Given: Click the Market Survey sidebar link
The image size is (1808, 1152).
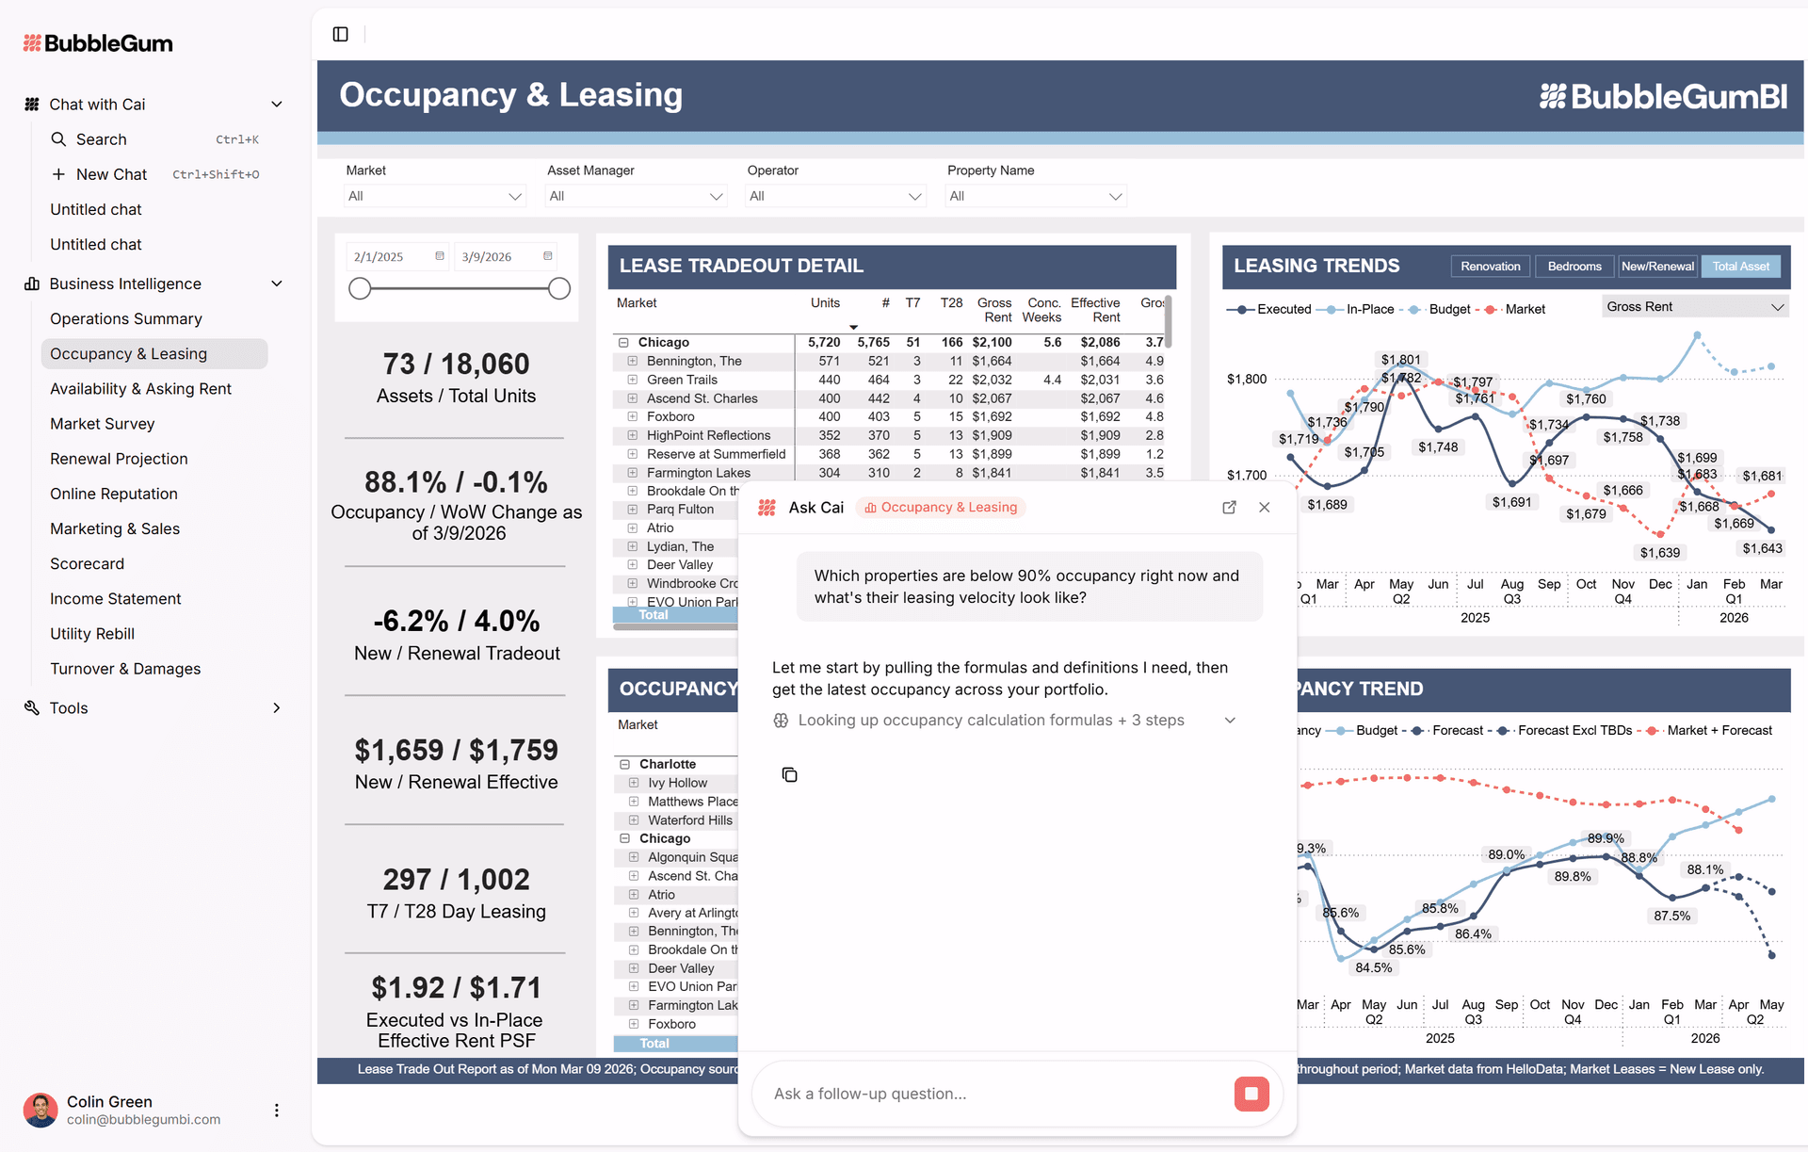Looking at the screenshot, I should pyautogui.click(x=102, y=424).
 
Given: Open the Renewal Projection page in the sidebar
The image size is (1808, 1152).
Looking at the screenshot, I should pyautogui.click(x=119, y=459).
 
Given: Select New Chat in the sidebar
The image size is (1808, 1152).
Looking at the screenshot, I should pyautogui.click(x=111, y=174).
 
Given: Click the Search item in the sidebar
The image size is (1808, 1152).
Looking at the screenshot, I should pyautogui.click(x=101, y=139).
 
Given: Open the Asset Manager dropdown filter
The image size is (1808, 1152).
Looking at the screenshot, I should pyautogui.click(x=636, y=196).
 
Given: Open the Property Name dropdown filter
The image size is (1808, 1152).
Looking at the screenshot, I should pyautogui.click(x=1035, y=196).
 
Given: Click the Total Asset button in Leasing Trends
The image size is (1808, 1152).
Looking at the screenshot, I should pyautogui.click(x=1740, y=267).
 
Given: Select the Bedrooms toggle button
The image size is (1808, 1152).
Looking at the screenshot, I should pyautogui.click(x=1574, y=267).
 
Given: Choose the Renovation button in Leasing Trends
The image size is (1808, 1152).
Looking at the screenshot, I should pyautogui.click(x=1490, y=267).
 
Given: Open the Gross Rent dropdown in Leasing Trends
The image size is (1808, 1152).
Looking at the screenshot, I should pyautogui.click(x=1694, y=307).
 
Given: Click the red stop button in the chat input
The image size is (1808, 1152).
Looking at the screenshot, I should pyautogui.click(x=1251, y=1094).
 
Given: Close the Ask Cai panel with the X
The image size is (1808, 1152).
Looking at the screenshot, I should pyautogui.click(x=1265, y=508).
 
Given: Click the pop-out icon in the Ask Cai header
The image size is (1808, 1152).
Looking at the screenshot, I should pyautogui.click(x=1229, y=508).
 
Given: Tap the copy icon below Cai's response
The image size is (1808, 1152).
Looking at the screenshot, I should pyautogui.click(x=789, y=774).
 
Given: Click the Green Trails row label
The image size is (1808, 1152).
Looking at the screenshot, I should pyautogui.click(x=682, y=380).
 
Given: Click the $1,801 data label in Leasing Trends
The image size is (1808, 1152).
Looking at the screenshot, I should pyautogui.click(x=1400, y=360).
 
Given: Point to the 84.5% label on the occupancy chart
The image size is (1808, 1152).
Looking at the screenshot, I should pyautogui.click(x=1373, y=968).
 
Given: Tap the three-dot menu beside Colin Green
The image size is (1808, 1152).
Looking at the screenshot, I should pyautogui.click(x=276, y=1111).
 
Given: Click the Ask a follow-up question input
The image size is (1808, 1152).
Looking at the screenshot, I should pyautogui.click(x=989, y=1094).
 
